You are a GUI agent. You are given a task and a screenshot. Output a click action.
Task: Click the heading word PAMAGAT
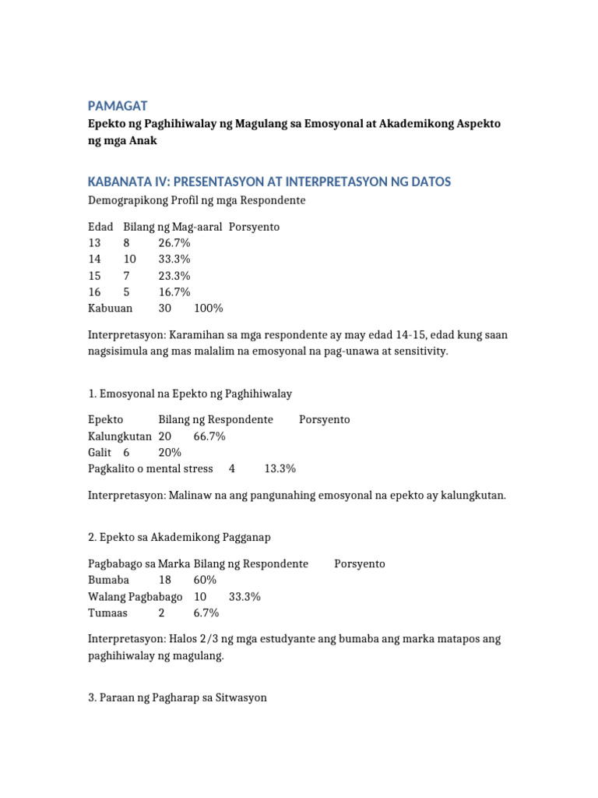pyautogui.click(x=118, y=105)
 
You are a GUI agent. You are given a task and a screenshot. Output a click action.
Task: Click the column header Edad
pyautogui.click(x=100, y=227)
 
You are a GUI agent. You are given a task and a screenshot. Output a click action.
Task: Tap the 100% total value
pyautogui.click(x=209, y=309)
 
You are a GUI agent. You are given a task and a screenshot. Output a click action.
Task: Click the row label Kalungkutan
pyautogui.click(x=120, y=436)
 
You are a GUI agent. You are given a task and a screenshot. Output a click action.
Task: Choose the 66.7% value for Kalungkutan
pyautogui.click(x=209, y=436)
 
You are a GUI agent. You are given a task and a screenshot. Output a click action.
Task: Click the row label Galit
pyautogui.click(x=100, y=453)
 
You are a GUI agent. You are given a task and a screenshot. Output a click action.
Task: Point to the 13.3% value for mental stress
pyautogui.click(x=280, y=469)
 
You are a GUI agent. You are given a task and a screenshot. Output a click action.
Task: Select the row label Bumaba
pyautogui.click(x=109, y=581)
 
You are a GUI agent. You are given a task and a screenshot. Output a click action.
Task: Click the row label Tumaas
pyautogui.click(x=107, y=613)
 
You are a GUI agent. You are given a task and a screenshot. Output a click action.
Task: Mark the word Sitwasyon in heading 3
pyautogui.click(x=239, y=697)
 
